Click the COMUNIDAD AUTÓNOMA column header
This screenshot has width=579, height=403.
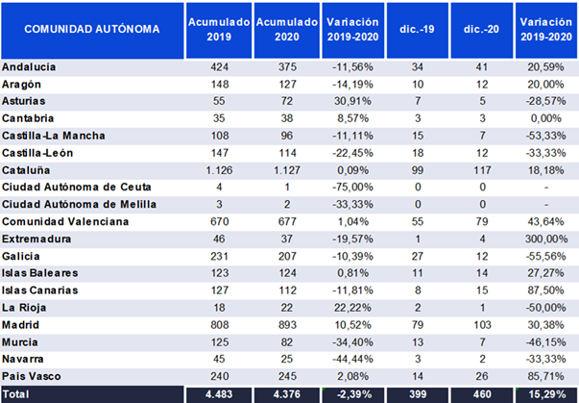click(x=92, y=29)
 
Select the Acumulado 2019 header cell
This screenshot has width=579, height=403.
click(x=219, y=29)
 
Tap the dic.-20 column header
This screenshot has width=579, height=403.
click(x=481, y=29)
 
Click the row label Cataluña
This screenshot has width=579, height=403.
click(x=26, y=170)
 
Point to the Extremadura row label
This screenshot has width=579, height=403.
click(x=36, y=239)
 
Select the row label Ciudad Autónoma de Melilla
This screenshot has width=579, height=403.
click(x=79, y=205)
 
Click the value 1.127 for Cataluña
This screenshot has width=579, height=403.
click(x=287, y=170)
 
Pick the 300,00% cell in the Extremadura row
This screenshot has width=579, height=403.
click(x=546, y=239)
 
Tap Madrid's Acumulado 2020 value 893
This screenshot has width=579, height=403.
click(x=287, y=325)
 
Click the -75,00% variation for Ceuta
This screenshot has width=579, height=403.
click(x=352, y=188)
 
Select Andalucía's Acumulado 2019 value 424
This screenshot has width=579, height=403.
click(x=219, y=67)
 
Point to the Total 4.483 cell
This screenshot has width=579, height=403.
click(x=219, y=394)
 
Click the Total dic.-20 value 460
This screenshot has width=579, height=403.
click(x=482, y=394)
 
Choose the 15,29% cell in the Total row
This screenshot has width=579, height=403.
click(x=546, y=394)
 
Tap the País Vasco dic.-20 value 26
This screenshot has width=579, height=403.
click(x=482, y=376)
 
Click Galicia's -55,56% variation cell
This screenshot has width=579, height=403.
click(x=546, y=256)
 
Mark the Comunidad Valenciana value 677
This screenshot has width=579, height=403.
click(x=287, y=222)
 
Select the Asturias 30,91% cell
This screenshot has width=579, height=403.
click(x=352, y=101)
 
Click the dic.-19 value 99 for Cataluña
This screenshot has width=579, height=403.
click(x=418, y=170)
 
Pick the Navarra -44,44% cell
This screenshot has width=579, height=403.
click(x=352, y=359)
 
